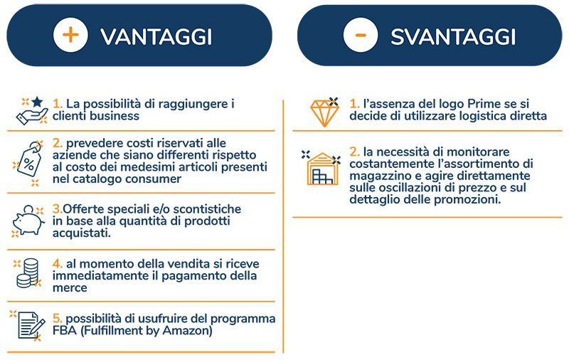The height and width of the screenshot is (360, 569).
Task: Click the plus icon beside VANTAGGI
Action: tap(70, 35)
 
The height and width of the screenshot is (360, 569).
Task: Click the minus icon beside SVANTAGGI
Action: tap(361, 35)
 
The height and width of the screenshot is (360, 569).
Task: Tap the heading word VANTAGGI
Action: tap(156, 37)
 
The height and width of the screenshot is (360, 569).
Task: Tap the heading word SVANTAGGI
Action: tap(453, 37)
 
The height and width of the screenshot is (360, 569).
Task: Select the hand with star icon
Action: tap(32, 111)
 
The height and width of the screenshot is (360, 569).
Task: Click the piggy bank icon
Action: tap(28, 221)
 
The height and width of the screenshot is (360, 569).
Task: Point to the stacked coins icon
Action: tap(28, 273)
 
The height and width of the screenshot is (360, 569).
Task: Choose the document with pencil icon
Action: tap(29, 326)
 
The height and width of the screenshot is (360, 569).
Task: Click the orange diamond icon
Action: tap(324, 112)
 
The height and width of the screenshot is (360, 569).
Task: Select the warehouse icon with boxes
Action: tap(322, 168)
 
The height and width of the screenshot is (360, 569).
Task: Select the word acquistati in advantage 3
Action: tap(82, 233)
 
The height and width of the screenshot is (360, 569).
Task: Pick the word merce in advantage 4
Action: tap(70, 287)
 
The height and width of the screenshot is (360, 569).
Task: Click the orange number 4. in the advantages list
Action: tap(58, 264)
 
